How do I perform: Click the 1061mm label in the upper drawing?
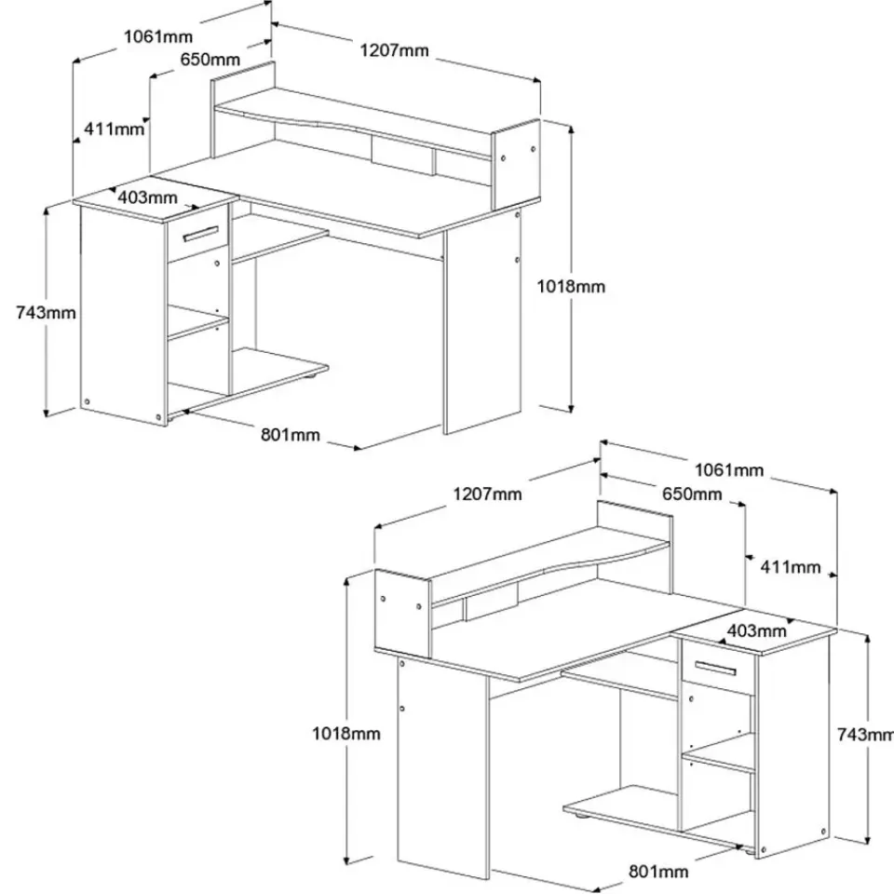tap(158, 37)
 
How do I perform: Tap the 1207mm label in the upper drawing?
tap(394, 50)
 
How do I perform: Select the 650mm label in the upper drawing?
tap(210, 60)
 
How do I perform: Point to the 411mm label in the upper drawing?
tap(114, 129)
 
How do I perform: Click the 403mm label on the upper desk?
tap(148, 197)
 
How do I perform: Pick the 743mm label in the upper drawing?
tap(46, 313)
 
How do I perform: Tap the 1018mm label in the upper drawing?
tap(571, 286)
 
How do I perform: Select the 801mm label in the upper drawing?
tap(291, 435)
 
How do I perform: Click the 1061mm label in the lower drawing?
tap(728, 469)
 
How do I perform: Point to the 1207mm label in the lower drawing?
tap(487, 494)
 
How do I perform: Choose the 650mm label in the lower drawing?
tap(692, 494)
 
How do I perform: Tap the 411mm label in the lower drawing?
tap(791, 567)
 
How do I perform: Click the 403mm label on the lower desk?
tap(756, 630)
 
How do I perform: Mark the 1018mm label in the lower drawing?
tap(346, 733)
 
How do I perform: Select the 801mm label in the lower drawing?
tap(658, 872)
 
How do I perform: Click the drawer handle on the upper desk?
tap(201, 234)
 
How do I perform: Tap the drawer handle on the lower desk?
tap(715, 668)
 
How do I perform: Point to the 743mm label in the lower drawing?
tap(865, 735)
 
